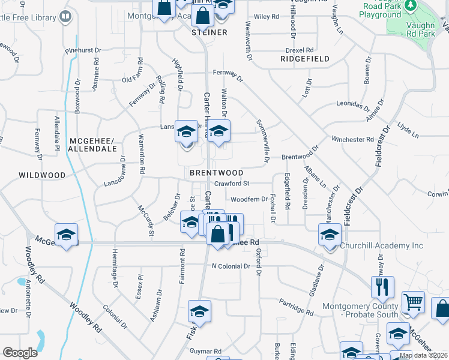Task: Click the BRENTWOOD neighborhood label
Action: pos(216,173)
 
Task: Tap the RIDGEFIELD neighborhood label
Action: pos(305,59)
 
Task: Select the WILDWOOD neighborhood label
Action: pos(41,175)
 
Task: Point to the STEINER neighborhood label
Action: pos(209,32)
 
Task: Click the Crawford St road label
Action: pos(233,184)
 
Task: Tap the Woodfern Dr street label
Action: pos(249,199)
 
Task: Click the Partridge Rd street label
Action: pos(295,307)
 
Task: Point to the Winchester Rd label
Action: pos(352,139)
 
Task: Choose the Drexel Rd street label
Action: pos(301,50)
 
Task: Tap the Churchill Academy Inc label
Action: pos(381,245)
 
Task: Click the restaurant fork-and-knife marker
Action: pos(382,288)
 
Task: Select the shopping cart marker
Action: pos(413,304)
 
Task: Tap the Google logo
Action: pos(20,353)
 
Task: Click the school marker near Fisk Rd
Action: pos(199,312)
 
